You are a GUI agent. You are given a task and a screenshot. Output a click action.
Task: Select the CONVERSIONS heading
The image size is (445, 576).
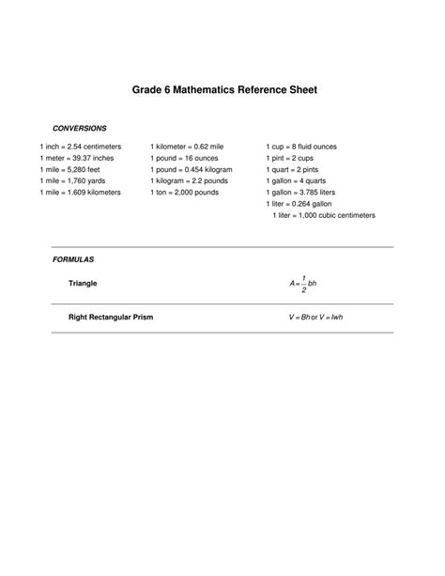click(x=79, y=128)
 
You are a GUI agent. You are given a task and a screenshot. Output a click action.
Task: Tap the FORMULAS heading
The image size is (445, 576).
click(x=73, y=258)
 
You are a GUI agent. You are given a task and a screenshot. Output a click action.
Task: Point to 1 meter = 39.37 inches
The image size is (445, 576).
click(x=77, y=159)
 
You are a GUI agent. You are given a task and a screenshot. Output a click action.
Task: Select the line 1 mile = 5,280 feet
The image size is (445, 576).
click(x=69, y=170)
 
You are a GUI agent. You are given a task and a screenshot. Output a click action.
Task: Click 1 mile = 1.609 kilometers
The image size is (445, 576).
click(x=81, y=193)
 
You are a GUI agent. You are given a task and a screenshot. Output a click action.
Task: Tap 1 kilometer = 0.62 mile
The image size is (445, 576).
click(x=187, y=148)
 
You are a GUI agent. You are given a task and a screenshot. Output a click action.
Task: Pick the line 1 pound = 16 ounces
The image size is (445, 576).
click(x=184, y=159)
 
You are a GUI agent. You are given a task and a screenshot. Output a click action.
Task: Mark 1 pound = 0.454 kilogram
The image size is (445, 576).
click(x=192, y=170)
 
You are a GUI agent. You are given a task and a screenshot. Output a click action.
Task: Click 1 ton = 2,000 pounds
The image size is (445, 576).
click(x=184, y=193)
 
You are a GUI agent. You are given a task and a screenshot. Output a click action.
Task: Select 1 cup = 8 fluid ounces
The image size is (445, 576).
click(x=302, y=148)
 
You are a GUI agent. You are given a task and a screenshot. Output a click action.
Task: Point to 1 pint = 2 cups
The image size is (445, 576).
click(x=291, y=159)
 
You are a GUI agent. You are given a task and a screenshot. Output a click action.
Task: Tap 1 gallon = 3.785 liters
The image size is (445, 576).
click(x=302, y=193)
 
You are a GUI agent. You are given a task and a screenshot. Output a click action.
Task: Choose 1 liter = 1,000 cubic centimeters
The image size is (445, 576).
click(x=324, y=215)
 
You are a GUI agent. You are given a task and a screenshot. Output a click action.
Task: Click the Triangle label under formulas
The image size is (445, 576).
click(x=83, y=283)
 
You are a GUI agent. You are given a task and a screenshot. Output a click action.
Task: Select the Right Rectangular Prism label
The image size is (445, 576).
click(x=111, y=318)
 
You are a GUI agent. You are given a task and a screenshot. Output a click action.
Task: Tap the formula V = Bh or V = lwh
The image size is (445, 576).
click(x=316, y=318)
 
